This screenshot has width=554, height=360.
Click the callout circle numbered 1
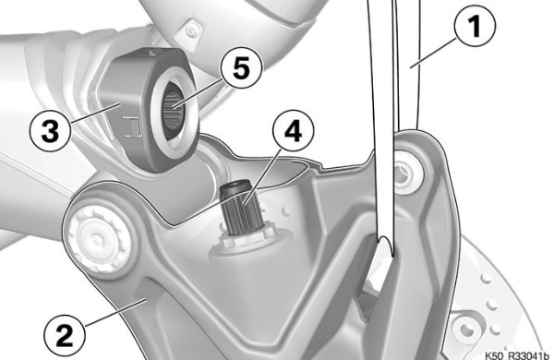tap(475, 26)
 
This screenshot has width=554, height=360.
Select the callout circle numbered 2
tap(65, 335)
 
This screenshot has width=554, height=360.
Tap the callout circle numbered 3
tap(50, 131)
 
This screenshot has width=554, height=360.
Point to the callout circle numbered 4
tap(293, 131)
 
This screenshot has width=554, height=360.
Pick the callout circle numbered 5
tap(242, 67)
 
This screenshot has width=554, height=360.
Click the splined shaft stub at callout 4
tap(241, 208)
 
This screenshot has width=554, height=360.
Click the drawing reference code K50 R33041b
tap(517, 355)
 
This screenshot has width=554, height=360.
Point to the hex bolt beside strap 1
tap(406, 174)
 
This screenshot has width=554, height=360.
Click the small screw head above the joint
tap(191, 31)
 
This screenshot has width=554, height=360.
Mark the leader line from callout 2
tap(116, 312)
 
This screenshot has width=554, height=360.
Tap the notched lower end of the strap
tap(385, 244)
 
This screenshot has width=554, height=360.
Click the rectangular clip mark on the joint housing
tap(132, 126)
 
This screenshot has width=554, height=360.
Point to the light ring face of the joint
tap(174, 114)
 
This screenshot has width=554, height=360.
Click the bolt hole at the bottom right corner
tap(467, 330)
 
